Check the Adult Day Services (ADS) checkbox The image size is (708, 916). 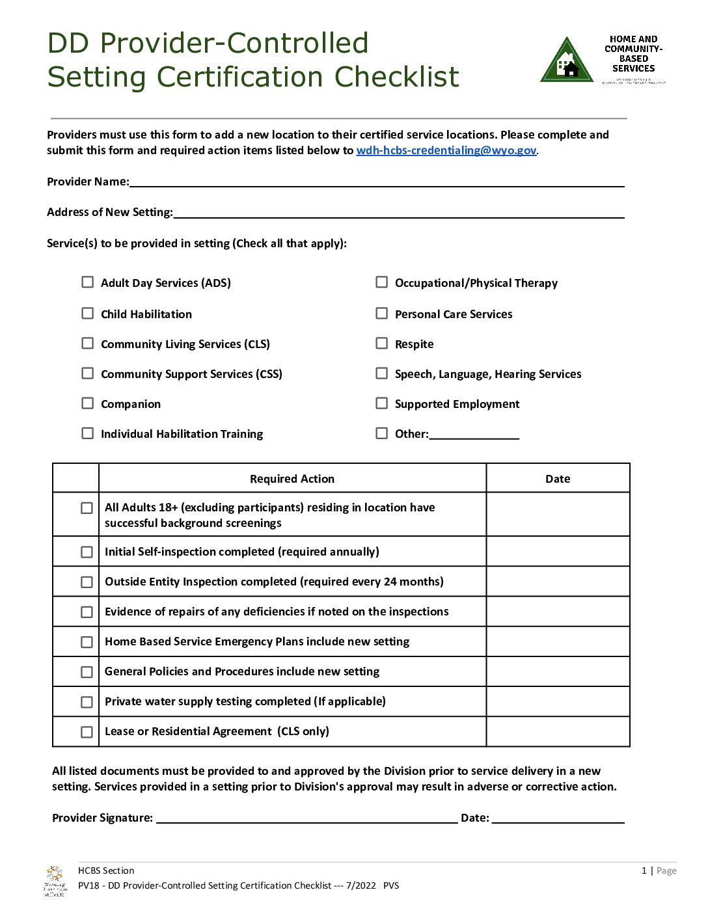[x=87, y=282]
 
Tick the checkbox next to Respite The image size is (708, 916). [x=381, y=343]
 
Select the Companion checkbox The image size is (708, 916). [x=87, y=403]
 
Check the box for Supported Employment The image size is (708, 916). [x=381, y=403]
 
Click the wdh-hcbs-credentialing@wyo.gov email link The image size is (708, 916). [x=446, y=150]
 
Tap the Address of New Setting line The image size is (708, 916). [x=398, y=212]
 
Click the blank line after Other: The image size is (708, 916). [x=474, y=434]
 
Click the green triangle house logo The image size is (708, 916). [x=566, y=61]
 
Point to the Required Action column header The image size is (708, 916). [x=292, y=479]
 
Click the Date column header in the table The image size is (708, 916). [x=557, y=479]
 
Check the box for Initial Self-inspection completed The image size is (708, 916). [x=87, y=552]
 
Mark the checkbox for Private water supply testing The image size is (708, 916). [x=87, y=702]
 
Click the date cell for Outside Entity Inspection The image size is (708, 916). [x=557, y=582]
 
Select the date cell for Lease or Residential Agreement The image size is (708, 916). [x=557, y=731]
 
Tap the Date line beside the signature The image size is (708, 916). [x=558, y=818]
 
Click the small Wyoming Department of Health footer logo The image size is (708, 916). [x=55, y=881]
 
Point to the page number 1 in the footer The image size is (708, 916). [x=644, y=870]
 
